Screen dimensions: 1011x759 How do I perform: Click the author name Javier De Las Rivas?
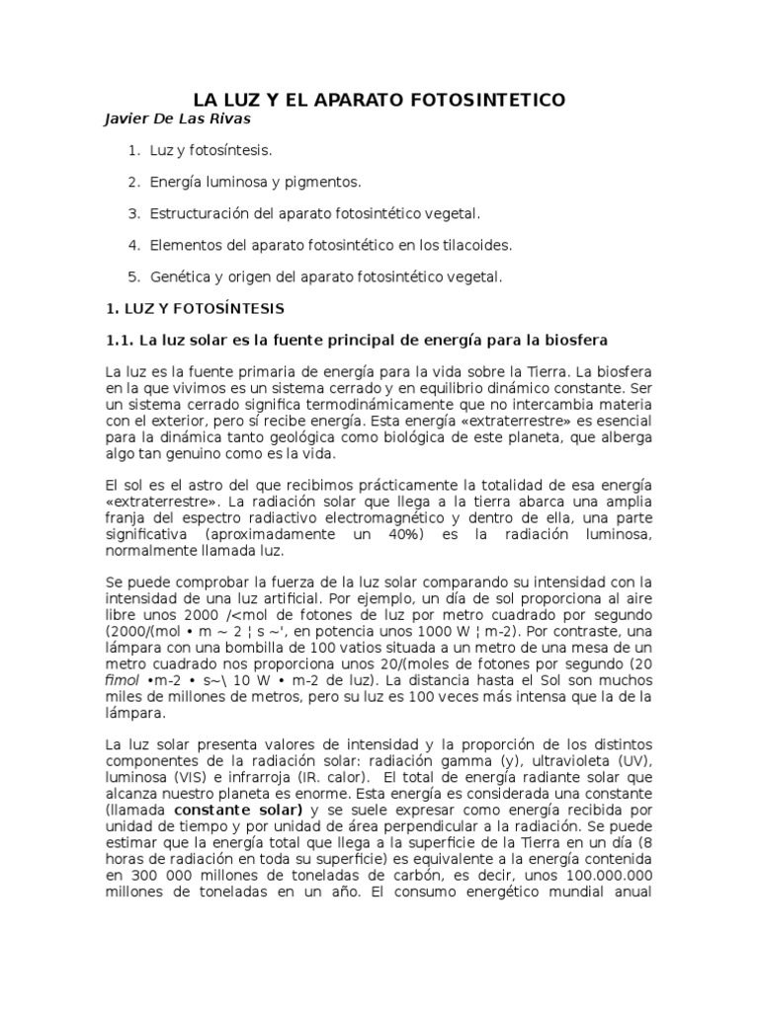(x=178, y=119)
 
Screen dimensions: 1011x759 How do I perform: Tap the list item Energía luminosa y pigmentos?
(x=255, y=183)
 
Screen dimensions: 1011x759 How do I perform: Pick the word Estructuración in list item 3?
(x=195, y=213)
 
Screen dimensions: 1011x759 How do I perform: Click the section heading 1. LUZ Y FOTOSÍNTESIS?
(x=195, y=308)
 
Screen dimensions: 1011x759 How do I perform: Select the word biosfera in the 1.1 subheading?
(x=571, y=341)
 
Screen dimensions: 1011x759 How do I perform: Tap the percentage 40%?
(x=400, y=534)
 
